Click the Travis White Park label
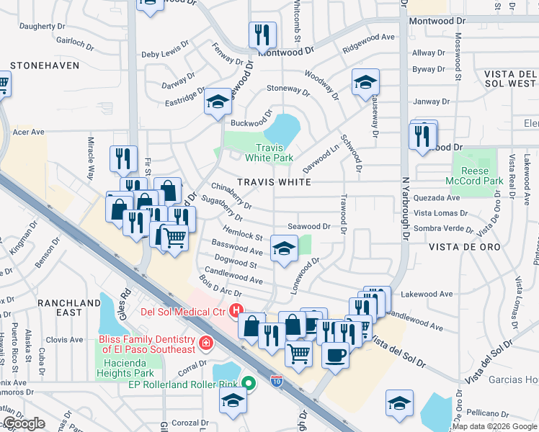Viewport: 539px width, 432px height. coord(269,152)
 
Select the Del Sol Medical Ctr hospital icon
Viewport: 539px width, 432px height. coord(234,311)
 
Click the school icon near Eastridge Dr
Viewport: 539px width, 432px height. coord(217,102)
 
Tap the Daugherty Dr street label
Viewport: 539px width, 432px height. coord(43,26)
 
